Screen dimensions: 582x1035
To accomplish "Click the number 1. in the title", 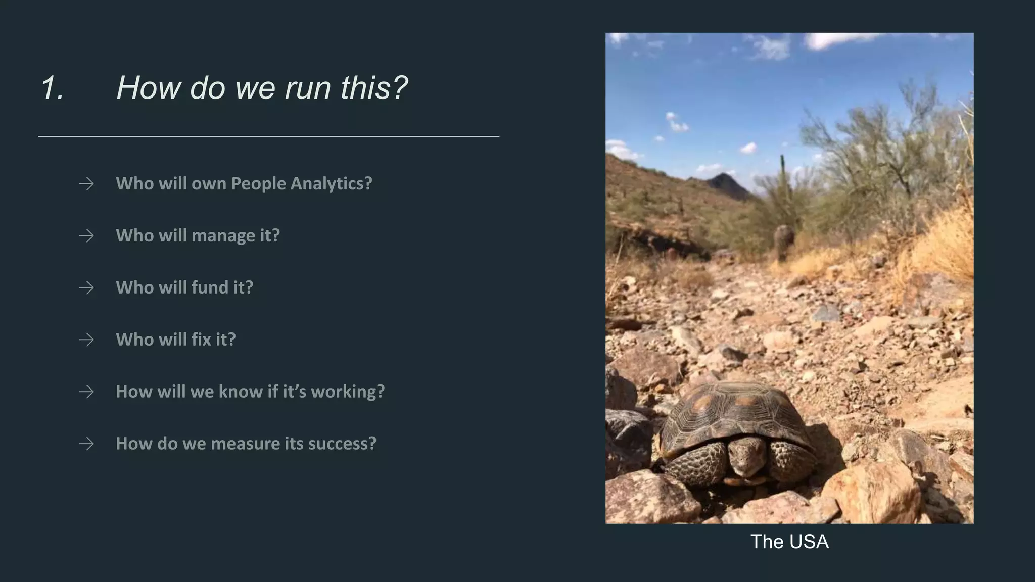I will tap(53, 88).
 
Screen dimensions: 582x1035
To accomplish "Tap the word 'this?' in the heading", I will tap(374, 88).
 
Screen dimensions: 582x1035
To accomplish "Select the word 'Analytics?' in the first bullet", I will tap(331, 183).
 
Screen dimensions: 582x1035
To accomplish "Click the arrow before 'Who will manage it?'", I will tap(86, 235).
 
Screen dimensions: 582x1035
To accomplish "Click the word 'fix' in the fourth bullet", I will tap(201, 339).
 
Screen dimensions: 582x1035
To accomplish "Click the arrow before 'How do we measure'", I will tap(86, 444).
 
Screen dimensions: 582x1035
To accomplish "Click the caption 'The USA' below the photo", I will tap(789, 542).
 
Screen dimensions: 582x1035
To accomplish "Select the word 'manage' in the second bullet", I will tap(223, 235).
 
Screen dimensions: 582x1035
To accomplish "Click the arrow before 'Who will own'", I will tap(86, 183).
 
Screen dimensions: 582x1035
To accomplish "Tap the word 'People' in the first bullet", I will tap(258, 183).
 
